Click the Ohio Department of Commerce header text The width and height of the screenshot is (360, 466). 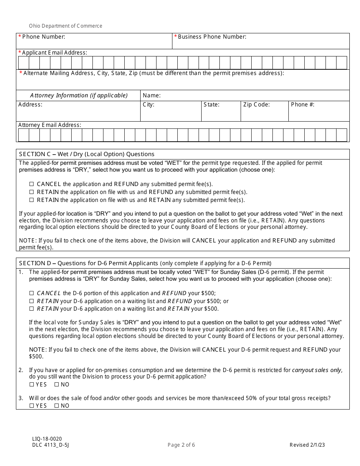click(66, 26)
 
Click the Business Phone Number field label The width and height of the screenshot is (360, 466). click(212, 37)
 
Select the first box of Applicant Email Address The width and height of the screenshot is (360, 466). click(23, 63)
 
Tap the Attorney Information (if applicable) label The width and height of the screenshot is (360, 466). click(79, 95)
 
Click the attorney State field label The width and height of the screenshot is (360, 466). click(211, 105)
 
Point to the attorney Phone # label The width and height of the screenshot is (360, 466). click(302, 105)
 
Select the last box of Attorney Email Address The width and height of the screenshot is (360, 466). click(341, 135)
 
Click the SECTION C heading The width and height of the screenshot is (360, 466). click(87, 154)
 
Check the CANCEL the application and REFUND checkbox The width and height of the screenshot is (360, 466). click(32, 184)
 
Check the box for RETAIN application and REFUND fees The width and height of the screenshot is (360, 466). click(32, 192)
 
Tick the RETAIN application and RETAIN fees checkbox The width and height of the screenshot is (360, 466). click(32, 200)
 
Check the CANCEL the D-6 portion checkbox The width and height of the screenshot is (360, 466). click(32, 293)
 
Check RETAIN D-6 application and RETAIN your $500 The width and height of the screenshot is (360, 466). click(32, 309)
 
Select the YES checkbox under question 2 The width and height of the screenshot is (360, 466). click(32, 385)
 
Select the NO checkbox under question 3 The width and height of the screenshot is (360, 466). click(57, 406)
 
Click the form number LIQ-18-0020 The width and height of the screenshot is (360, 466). click(47, 438)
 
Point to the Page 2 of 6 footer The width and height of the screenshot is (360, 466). click(181, 445)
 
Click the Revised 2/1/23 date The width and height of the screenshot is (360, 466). click(307, 445)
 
